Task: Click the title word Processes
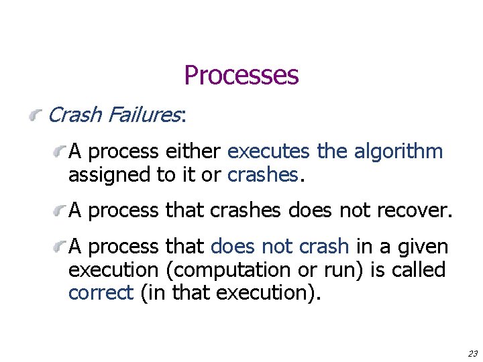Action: tap(241, 75)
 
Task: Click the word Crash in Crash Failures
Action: tap(75, 115)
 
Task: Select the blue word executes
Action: tap(268, 152)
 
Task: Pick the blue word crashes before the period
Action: tap(263, 175)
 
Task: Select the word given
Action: tap(422, 247)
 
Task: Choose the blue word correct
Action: tap(101, 294)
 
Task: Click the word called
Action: tap(421, 270)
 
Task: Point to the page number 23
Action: tap(472, 353)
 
